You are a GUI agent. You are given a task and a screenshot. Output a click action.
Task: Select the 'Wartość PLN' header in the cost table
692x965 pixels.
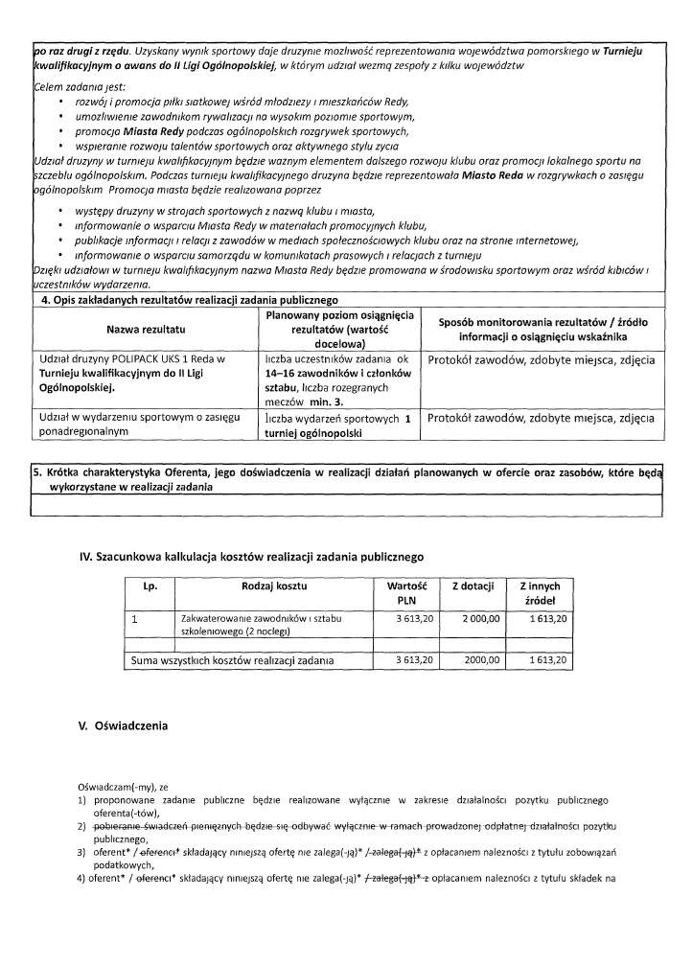point(404,592)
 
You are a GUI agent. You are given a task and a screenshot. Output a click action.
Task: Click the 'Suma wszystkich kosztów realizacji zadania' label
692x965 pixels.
point(233,660)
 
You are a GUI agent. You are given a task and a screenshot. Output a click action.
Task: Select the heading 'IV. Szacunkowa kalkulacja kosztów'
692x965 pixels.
point(251,555)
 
